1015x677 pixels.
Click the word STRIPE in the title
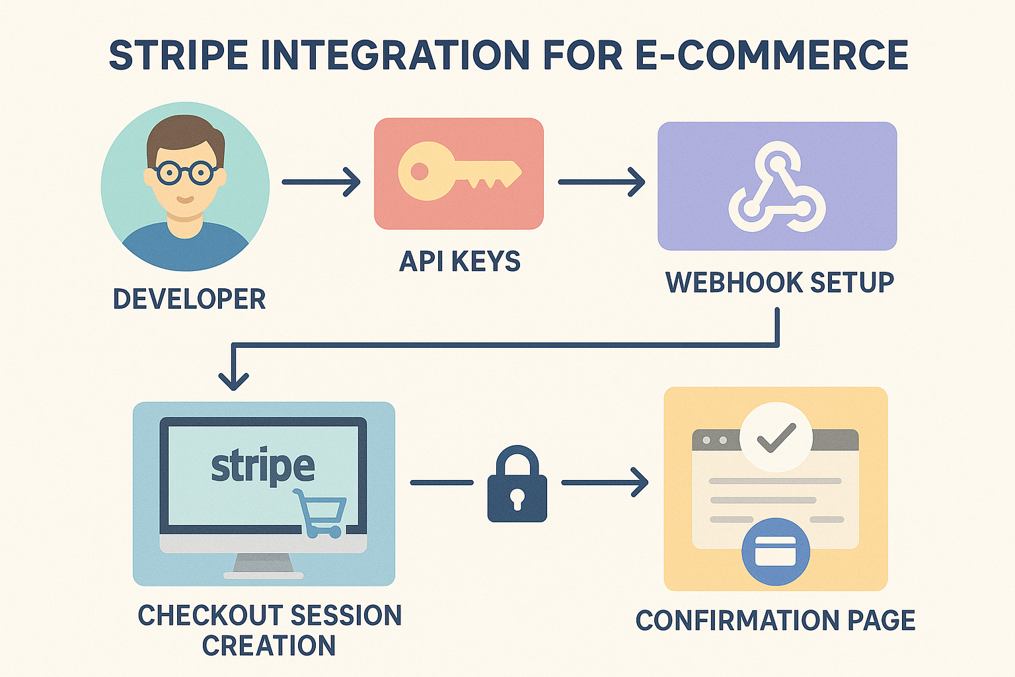[x=178, y=56]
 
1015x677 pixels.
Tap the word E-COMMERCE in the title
[x=771, y=56]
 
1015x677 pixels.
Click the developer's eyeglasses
[x=184, y=173]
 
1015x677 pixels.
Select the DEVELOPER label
[x=189, y=299]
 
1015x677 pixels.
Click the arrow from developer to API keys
[x=321, y=182]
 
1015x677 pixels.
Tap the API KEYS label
[x=460, y=262]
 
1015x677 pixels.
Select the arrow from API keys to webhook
[x=601, y=182]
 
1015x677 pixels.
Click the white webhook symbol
[x=777, y=188]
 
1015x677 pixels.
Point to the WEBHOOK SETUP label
[x=780, y=282]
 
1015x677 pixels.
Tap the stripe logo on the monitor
[x=263, y=467]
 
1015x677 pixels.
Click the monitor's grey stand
[x=263, y=563]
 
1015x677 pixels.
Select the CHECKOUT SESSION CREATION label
[x=270, y=630]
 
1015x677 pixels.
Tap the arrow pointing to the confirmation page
[x=605, y=483]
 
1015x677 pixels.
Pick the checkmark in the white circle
[x=776, y=437]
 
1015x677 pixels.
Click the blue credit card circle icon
[x=776, y=551]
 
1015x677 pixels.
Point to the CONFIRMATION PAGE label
[x=775, y=621]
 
